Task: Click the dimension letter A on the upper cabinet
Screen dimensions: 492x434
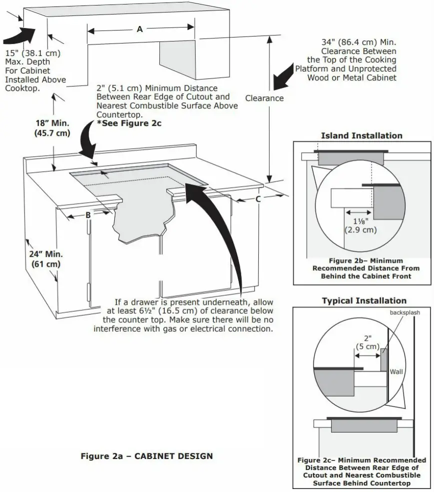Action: pyautogui.click(x=140, y=29)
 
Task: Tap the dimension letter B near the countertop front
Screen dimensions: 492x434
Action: pyautogui.click(x=88, y=215)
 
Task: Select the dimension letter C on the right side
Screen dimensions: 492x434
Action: pyautogui.click(x=258, y=199)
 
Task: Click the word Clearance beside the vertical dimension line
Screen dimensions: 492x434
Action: pyautogui.click(x=264, y=98)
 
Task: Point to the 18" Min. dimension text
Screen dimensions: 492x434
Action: pyautogui.click(x=52, y=123)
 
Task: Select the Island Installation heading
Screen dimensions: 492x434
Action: pyautogui.click(x=361, y=135)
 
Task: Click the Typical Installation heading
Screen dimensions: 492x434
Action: pyautogui.click(x=364, y=301)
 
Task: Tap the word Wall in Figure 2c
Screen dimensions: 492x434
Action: pyautogui.click(x=396, y=372)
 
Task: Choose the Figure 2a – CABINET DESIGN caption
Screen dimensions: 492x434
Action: pyautogui.click(x=147, y=456)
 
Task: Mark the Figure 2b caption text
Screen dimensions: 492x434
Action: pyautogui.click(x=366, y=268)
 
